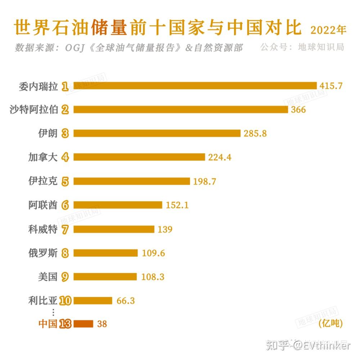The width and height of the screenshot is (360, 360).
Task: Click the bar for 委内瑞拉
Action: tap(195, 86)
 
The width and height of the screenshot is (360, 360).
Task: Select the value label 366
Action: tap(298, 109)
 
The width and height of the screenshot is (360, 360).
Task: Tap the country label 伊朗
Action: tap(48, 133)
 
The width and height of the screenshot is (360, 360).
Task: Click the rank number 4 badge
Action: tap(65, 157)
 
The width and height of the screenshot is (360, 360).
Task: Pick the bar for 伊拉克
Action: tap(131, 181)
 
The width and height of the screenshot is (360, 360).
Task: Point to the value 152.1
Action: tap(177, 205)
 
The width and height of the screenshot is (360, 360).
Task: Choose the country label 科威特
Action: tap(43, 229)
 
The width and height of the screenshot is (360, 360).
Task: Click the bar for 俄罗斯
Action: tap(105, 253)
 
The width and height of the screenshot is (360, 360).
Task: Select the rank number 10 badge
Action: tap(65, 301)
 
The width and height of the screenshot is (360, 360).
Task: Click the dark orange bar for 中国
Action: tap(83, 324)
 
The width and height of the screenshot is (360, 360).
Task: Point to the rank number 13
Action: tap(65, 324)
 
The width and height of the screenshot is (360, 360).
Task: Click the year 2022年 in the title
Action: tap(328, 30)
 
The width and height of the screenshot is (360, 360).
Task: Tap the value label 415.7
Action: tap(330, 86)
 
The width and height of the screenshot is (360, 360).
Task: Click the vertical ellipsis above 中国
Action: tap(54, 312)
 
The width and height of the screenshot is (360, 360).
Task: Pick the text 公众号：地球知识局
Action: tap(302, 47)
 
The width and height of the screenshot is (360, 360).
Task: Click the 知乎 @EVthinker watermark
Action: tap(308, 345)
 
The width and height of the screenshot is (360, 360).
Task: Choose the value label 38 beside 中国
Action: tap(102, 324)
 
